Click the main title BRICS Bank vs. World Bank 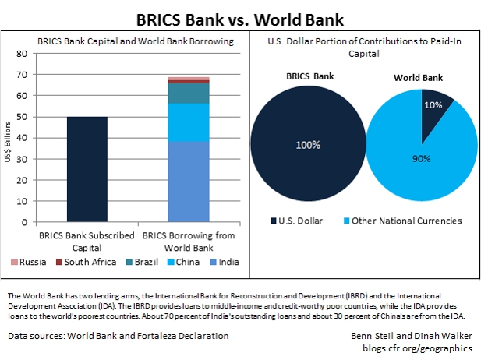(x=239, y=16)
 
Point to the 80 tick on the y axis (x=44, y=54)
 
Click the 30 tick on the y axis (x=44, y=159)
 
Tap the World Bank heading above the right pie (x=422, y=79)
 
